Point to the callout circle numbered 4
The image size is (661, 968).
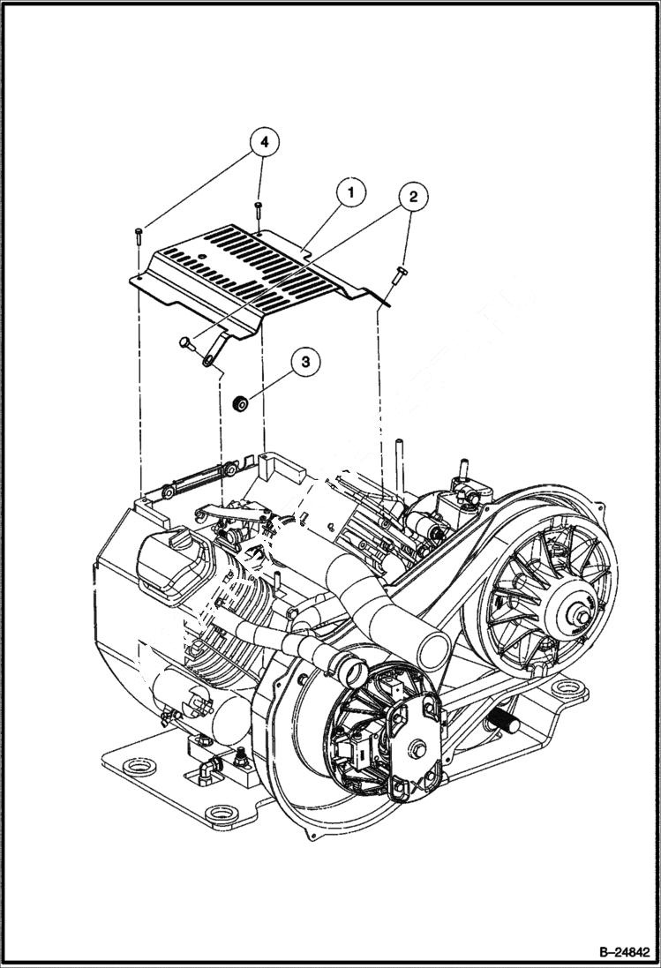[264, 141]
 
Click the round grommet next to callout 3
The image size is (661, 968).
[238, 404]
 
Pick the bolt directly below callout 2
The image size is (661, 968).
[399, 275]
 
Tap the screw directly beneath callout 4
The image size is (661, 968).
[259, 208]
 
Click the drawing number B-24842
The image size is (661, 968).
[616, 952]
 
